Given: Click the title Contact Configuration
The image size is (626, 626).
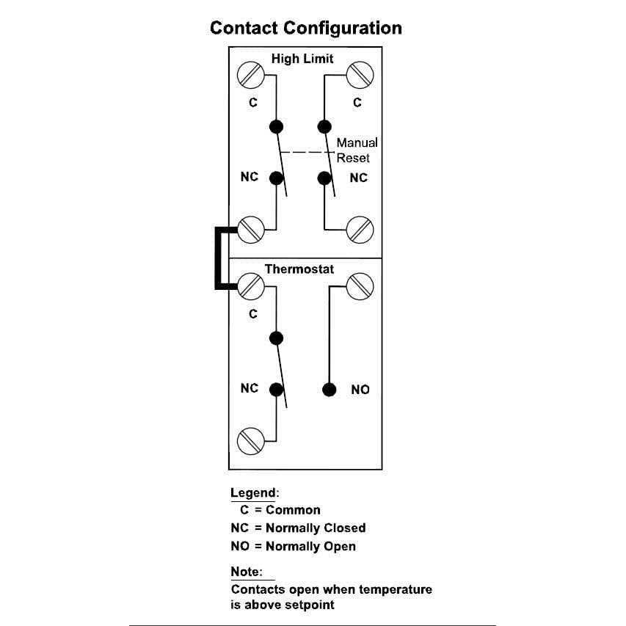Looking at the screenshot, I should (305, 29).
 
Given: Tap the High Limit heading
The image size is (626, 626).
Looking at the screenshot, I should (302, 59).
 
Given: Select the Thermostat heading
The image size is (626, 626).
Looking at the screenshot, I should (299, 269).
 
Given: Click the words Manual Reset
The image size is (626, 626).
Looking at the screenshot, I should (357, 150).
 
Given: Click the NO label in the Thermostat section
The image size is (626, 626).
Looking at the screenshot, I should (360, 390).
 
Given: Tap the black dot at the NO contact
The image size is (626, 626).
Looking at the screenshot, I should (330, 389).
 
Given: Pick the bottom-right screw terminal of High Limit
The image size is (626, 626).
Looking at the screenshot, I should (360, 230).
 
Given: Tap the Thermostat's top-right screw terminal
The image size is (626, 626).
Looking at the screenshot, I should (360, 286).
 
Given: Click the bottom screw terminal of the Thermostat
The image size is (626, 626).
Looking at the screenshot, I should (250, 442).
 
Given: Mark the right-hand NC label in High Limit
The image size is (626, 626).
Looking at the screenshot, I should (358, 178).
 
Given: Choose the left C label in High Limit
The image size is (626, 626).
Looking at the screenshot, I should (253, 103).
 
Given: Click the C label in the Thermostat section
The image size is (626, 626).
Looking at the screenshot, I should (253, 313).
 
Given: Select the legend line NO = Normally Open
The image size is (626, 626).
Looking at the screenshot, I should (293, 546).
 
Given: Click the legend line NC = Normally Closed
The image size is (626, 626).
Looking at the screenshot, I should (297, 528).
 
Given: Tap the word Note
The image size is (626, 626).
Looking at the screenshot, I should (245, 571).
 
